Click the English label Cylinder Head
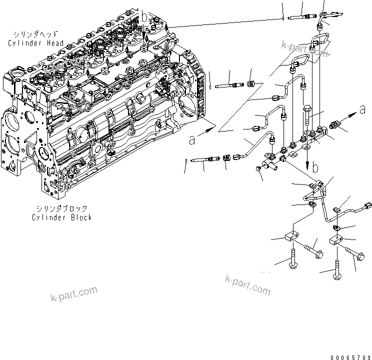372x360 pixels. pyautogui.click(x=35, y=43)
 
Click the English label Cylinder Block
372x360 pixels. pyautogui.click(x=61, y=217)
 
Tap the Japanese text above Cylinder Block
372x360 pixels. pyautogui.click(x=61, y=208)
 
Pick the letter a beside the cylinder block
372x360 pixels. pyautogui.click(x=192, y=140)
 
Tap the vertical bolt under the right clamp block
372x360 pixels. pyautogui.click(x=337, y=270)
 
